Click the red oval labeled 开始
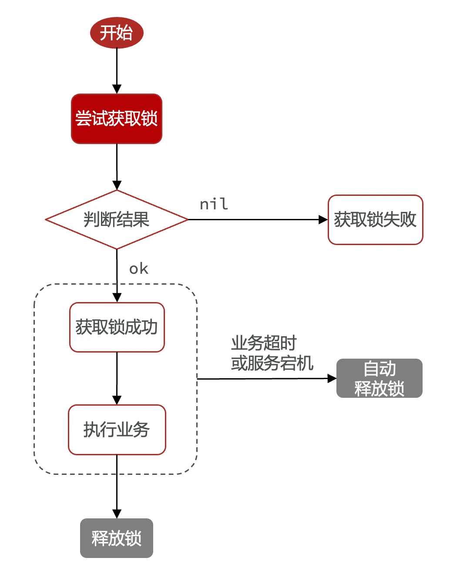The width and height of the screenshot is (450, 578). [117, 33]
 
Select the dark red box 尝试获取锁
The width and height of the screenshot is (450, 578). [117, 119]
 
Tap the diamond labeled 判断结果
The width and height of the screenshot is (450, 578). [117, 219]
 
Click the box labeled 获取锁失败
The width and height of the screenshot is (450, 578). [375, 219]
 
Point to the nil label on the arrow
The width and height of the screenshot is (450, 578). [214, 204]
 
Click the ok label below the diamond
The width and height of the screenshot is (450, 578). [139, 269]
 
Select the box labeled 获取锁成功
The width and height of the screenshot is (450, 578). [117, 327]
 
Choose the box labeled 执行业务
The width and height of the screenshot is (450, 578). [117, 430]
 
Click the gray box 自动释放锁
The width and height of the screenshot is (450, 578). [379, 378]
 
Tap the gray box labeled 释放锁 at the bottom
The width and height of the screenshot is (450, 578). [117, 538]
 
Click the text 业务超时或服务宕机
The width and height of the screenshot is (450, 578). [272, 353]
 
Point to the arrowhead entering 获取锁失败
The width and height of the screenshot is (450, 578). [323, 219]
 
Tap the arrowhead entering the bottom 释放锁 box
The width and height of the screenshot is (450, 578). [117, 514]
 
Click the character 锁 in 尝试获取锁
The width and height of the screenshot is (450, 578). [149, 119]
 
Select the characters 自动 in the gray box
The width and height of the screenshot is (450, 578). [379, 369]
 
